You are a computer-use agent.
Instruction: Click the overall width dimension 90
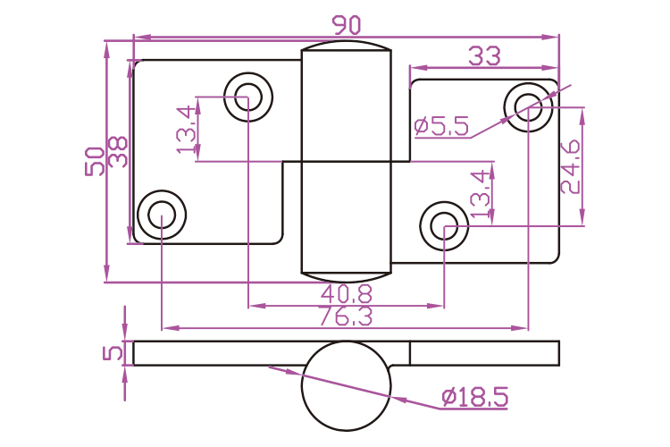click(347, 25)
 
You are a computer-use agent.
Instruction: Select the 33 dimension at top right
click(484, 56)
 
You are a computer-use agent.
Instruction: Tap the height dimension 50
click(95, 161)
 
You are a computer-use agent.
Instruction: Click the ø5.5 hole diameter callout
click(442, 126)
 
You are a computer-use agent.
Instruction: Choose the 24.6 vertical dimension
click(571, 167)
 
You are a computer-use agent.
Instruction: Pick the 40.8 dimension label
click(347, 294)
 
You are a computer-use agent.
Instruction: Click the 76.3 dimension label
click(346, 316)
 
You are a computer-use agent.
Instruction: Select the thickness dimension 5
click(113, 353)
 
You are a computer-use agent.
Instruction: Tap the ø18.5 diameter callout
click(474, 397)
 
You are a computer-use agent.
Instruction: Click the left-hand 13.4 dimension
click(187, 130)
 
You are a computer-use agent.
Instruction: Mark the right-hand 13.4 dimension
click(481, 193)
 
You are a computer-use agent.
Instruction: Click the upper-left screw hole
click(248, 97)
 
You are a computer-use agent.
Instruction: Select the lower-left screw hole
click(162, 215)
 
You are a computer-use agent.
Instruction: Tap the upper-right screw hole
click(528, 107)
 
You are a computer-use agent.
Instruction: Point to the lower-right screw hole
click(444, 226)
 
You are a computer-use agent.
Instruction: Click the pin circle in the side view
click(347, 386)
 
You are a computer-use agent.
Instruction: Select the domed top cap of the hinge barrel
click(347, 46)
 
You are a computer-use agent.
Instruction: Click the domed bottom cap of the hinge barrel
click(347, 277)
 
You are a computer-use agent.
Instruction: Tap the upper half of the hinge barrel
click(347, 106)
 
